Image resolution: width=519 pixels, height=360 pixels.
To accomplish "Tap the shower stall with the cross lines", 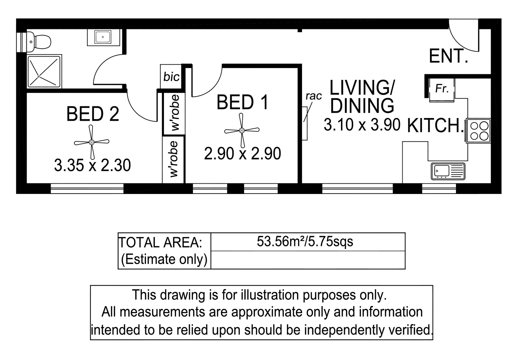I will (44, 72).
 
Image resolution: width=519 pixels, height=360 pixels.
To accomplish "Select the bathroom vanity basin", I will (103, 37).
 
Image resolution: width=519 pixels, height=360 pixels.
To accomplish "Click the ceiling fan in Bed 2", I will (92, 142).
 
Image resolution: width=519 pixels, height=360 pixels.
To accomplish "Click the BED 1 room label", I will (242, 102).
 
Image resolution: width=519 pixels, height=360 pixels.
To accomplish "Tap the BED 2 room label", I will (93, 114).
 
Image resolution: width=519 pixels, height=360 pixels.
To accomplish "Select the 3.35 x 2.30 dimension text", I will (92, 165).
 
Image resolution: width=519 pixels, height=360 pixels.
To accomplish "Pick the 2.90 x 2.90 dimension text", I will (242, 154).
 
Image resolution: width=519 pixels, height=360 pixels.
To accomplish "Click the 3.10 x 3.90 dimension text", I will (362, 125).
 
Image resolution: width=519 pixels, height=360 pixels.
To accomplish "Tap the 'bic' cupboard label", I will (171, 77).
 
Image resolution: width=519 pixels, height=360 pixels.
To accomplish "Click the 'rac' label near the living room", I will (314, 96).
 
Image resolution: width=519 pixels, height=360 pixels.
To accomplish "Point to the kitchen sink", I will (448, 171).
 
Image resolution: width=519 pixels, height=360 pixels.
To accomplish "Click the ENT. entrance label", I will (448, 56).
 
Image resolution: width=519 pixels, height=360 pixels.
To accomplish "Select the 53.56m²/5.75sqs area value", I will (305, 241).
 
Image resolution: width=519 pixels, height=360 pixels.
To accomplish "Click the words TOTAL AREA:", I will (161, 243).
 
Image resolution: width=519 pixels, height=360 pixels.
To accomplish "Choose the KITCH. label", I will (435, 126).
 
